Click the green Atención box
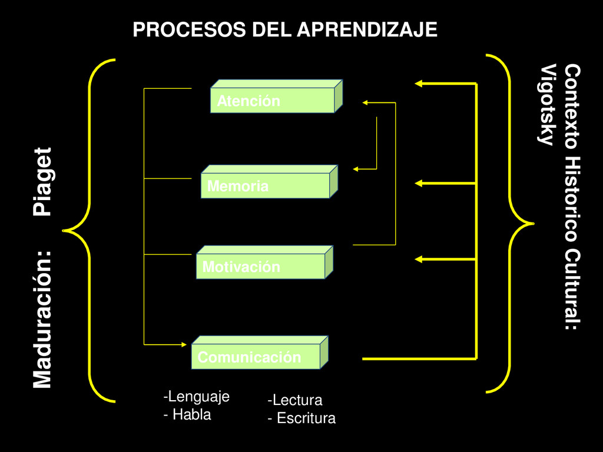273,100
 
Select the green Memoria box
266,185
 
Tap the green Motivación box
260,266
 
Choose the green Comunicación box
256,356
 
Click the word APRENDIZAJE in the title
366,29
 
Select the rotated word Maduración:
42,320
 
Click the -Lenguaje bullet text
196,397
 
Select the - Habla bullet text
187,414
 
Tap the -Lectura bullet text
295,401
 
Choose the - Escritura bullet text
301,418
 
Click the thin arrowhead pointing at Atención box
365,103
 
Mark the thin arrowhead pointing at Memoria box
356,169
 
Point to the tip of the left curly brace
64,230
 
